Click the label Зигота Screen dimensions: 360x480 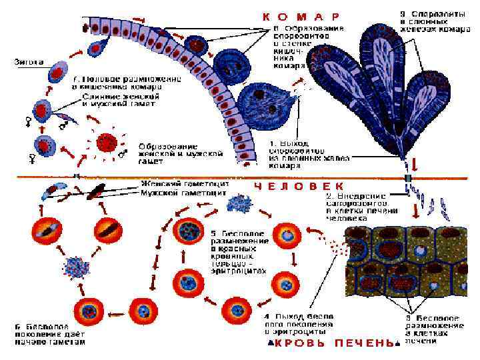[x=29, y=62]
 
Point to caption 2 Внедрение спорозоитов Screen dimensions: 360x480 [x=359, y=207]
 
